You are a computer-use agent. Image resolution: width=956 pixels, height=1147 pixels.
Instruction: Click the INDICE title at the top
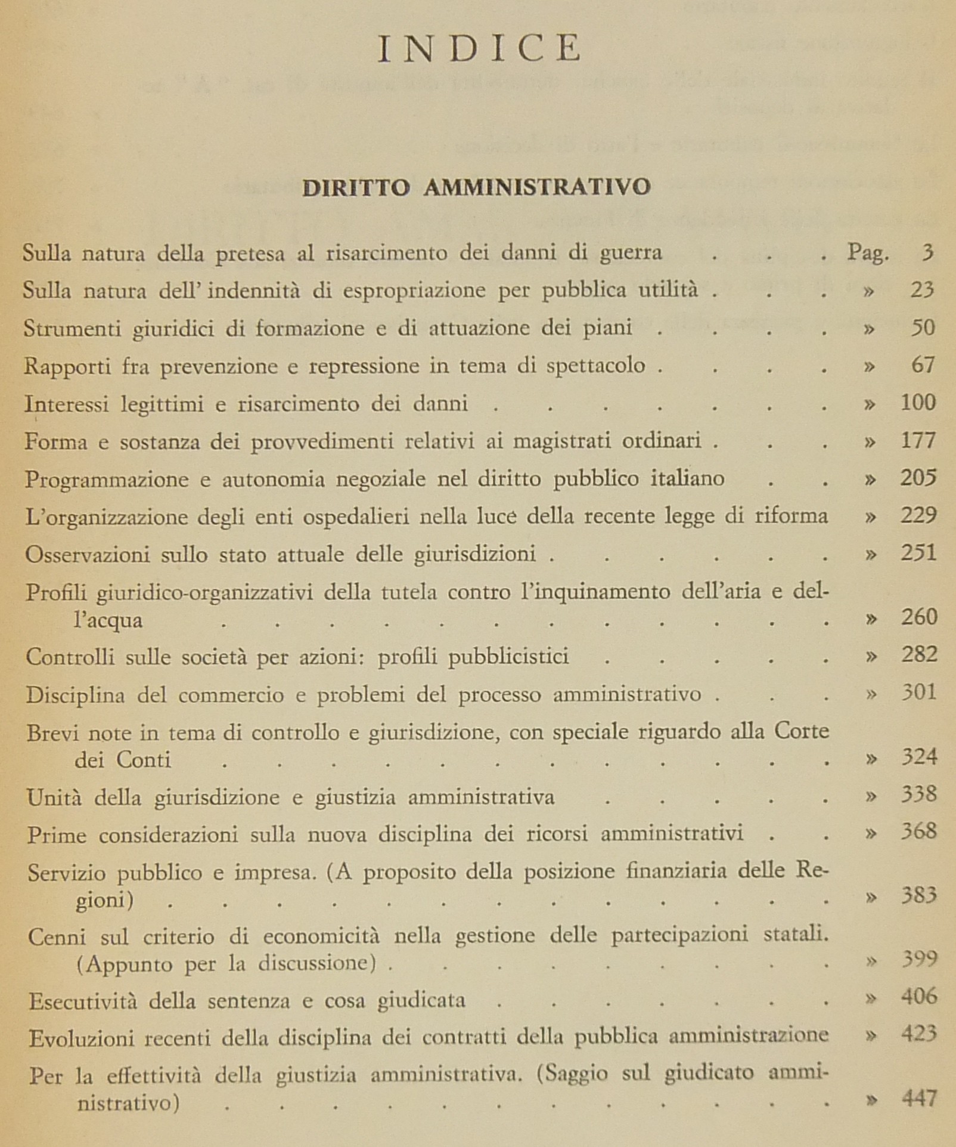coord(479,48)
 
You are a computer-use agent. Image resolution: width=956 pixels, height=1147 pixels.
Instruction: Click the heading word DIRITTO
coord(356,187)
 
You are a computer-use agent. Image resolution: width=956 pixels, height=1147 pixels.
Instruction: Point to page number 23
coord(922,290)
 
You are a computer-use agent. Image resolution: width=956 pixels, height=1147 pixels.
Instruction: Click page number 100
coord(918,403)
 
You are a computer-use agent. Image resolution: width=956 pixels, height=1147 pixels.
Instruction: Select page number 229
coord(918,515)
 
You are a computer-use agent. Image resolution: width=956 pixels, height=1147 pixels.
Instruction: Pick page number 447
coord(920,1098)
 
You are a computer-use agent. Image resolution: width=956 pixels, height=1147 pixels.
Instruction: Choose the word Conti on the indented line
coord(143,760)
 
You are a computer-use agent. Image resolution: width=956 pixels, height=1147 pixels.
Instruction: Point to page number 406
coord(918,997)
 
